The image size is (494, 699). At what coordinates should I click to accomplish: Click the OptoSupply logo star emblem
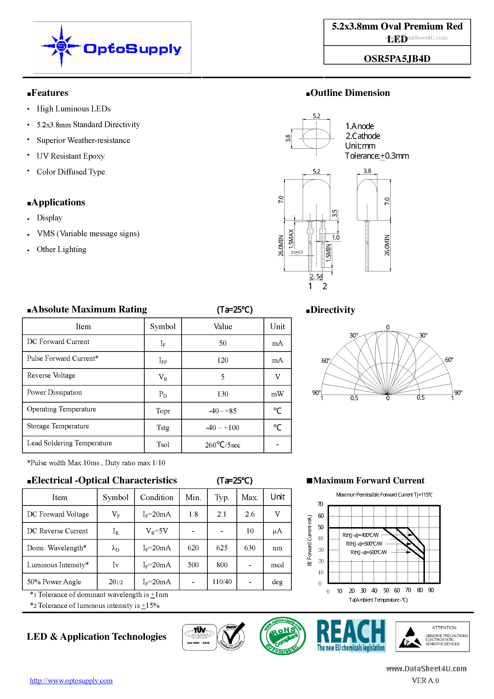pos(61,46)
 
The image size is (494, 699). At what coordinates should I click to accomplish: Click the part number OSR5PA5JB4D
pos(397,59)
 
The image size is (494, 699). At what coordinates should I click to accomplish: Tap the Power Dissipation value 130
pos(222,394)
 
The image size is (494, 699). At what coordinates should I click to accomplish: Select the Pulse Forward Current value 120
pos(222,360)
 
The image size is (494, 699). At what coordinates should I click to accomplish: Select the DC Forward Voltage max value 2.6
pos(250,514)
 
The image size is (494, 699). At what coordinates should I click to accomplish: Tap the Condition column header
pos(157,497)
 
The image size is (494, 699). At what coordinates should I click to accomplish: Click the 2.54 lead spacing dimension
pos(316,276)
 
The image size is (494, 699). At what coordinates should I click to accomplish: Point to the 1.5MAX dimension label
pos(291,237)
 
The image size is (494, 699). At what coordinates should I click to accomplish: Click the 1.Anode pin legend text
pos(359,126)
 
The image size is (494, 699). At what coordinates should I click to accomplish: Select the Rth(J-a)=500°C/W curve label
pos(364,544)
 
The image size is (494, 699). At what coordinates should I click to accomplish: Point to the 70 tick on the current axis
pos(320,504)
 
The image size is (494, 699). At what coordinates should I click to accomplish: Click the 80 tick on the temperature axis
pos(420,590)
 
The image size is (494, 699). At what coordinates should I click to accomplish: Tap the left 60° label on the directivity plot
pos(326,360)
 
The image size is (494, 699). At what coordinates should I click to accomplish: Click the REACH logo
pos(351,635)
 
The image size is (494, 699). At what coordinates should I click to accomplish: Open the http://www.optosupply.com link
pos(71,681)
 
